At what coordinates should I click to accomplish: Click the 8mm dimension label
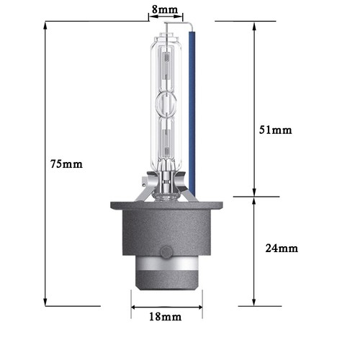coord(165,10)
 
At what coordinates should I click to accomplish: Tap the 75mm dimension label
coord(66,164)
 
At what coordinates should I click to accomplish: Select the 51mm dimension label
coord(276,130)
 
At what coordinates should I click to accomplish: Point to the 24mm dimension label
coord(282,248)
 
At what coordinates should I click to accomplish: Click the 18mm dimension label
coord(166,317)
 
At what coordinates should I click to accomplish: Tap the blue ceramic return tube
coord(192,113)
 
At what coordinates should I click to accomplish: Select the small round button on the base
coord(166,252)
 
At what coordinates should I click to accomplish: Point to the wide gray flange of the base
coord(166,205)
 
